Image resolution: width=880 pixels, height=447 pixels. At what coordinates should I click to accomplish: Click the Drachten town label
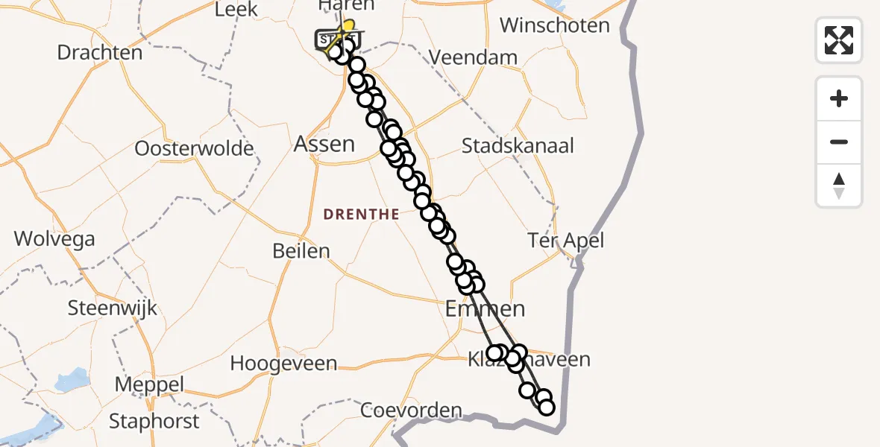point(100,53)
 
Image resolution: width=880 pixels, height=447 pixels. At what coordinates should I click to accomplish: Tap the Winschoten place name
point(554,25)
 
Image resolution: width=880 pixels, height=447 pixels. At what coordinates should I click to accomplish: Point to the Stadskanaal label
point(518,146)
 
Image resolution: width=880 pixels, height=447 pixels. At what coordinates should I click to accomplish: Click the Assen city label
point(324,144)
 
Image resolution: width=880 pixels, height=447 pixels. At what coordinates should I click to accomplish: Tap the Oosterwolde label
point(194,148)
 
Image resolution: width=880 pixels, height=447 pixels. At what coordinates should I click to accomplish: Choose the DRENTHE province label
point(361,215)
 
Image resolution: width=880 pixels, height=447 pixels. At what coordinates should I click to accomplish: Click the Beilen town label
point(301,251)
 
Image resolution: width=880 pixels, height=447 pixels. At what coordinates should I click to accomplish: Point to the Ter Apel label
point(565,241)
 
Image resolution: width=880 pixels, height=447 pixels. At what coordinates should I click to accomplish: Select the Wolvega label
point(54,239)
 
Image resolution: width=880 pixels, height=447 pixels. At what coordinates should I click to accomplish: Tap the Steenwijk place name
point(113,308)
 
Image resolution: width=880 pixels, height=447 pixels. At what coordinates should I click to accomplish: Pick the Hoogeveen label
point(283,364)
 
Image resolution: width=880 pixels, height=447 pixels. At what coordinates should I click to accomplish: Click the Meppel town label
point(149,385)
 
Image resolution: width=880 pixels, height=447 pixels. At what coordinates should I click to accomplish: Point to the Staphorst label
point(154,422)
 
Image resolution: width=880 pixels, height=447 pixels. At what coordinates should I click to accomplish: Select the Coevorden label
point(411,410)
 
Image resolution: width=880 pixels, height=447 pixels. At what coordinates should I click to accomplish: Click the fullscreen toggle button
point(839,40)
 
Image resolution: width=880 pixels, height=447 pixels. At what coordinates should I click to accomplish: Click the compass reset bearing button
point(839,186)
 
